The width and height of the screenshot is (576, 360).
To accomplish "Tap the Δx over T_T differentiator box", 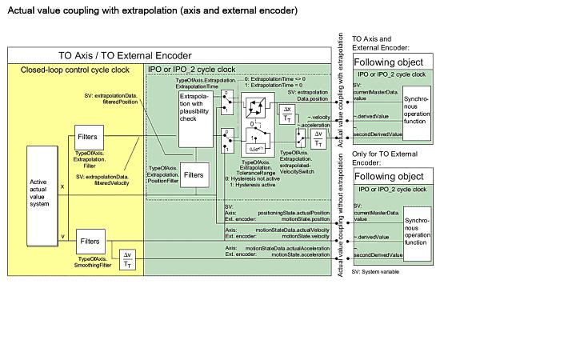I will pos(288,114).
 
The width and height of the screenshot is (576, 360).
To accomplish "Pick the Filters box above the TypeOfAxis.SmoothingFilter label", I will pos(90,240).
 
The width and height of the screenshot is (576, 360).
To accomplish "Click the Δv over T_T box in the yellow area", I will pos(126,258).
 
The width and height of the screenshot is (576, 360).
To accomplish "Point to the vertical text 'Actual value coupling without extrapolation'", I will pos(342,217).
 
